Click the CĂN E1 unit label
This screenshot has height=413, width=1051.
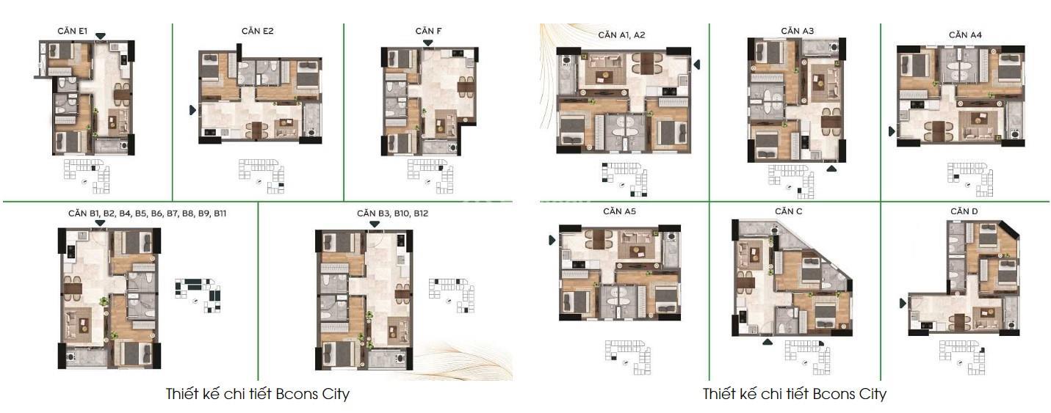[x=73, y=31]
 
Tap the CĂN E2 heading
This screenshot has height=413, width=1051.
[x=258, y=31]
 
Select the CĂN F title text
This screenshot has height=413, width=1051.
[x=428, y=31]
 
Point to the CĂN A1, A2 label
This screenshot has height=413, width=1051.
[x=621, y=34]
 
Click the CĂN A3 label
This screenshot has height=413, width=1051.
[x=797, y=31]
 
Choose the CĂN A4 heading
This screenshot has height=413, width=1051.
[x=965, y=34]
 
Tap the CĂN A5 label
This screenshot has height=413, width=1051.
[x=619, y=211]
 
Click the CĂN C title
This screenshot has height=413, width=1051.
[x=788, y=211]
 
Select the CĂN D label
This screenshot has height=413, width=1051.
[x=964, y=211]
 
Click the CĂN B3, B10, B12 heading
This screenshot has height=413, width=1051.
[x=392, y=213]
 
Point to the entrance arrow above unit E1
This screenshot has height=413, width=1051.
[x=101, y=37]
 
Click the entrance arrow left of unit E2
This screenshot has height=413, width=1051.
[x=192, y=110]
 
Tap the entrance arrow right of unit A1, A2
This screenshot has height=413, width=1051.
[x=697, y=65]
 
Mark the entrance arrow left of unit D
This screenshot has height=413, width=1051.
[x=903, y=303]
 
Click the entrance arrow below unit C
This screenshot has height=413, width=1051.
[x=768, y=342]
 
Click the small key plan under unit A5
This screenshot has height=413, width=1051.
[x=628, y=357]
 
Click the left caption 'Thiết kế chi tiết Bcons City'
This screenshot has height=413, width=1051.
[x=258, y=394]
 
